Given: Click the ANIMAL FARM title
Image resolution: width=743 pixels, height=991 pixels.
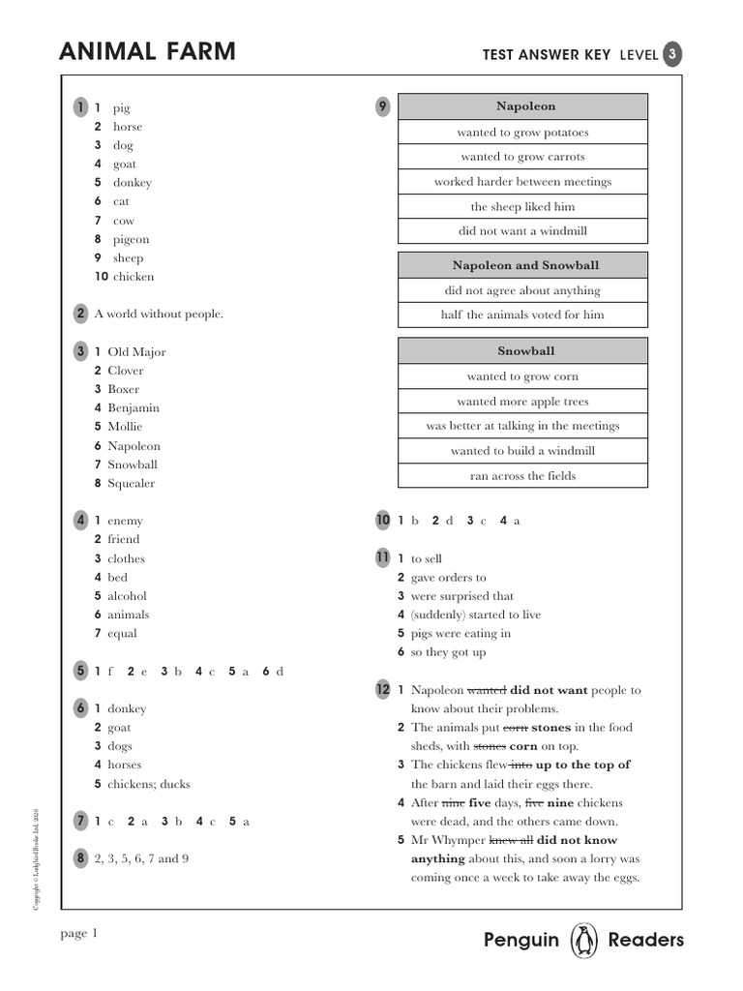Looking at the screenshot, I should [147, 52].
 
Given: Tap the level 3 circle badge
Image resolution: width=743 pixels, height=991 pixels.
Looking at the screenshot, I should [672, 55].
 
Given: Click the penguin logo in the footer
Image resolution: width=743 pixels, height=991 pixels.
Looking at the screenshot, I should [583, 940].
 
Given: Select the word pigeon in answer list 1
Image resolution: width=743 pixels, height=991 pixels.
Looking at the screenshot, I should [132, 239].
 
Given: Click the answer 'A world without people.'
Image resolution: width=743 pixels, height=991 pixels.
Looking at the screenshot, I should [159, 314].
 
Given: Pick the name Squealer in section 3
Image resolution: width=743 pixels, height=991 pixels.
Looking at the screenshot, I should [131, 483].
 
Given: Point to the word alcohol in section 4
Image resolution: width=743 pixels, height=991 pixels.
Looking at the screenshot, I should [127, 596].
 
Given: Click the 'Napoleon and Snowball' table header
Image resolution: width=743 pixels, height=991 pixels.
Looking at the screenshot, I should [525, 265].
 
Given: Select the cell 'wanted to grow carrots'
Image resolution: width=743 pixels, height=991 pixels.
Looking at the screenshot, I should [522, 157].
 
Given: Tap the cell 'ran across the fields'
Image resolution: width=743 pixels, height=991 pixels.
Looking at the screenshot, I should [522, 476].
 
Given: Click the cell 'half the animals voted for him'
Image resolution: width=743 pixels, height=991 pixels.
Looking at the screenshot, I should [522, 315].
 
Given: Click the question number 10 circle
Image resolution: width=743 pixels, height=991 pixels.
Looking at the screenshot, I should [383, 521].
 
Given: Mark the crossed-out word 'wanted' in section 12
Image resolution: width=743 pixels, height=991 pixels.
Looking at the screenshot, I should [487, 690].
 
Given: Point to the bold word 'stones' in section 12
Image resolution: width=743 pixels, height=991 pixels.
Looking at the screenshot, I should [552, 728].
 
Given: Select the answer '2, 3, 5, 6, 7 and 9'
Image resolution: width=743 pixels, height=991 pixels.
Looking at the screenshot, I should [141, 857].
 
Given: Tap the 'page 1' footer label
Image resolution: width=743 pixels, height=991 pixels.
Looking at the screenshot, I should [79, 933].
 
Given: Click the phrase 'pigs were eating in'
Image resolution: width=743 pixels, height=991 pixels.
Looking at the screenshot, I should [461, 634].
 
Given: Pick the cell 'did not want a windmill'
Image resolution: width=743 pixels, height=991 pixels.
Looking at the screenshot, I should [522, 231].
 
